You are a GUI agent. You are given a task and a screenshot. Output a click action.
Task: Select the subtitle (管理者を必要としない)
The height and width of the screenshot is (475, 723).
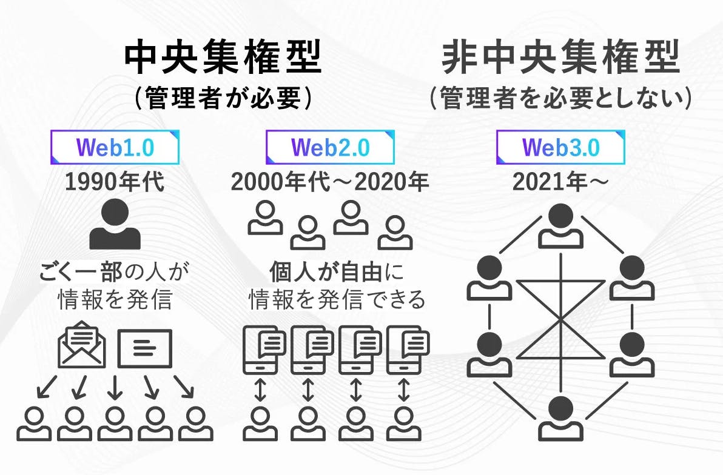(560, 99)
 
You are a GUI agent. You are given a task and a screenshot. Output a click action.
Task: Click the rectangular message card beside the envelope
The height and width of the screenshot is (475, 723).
(145, 348)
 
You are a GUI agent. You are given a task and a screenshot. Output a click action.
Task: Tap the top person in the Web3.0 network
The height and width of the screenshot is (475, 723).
(560, 224)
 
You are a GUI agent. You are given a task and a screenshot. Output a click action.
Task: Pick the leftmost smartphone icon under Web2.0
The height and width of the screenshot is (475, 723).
(260, 350)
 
